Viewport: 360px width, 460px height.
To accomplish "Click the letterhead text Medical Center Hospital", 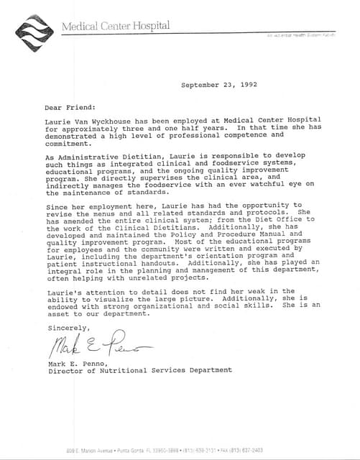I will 116,27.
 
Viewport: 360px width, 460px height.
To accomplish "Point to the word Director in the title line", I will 65,371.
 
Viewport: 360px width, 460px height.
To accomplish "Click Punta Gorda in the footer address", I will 129,450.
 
